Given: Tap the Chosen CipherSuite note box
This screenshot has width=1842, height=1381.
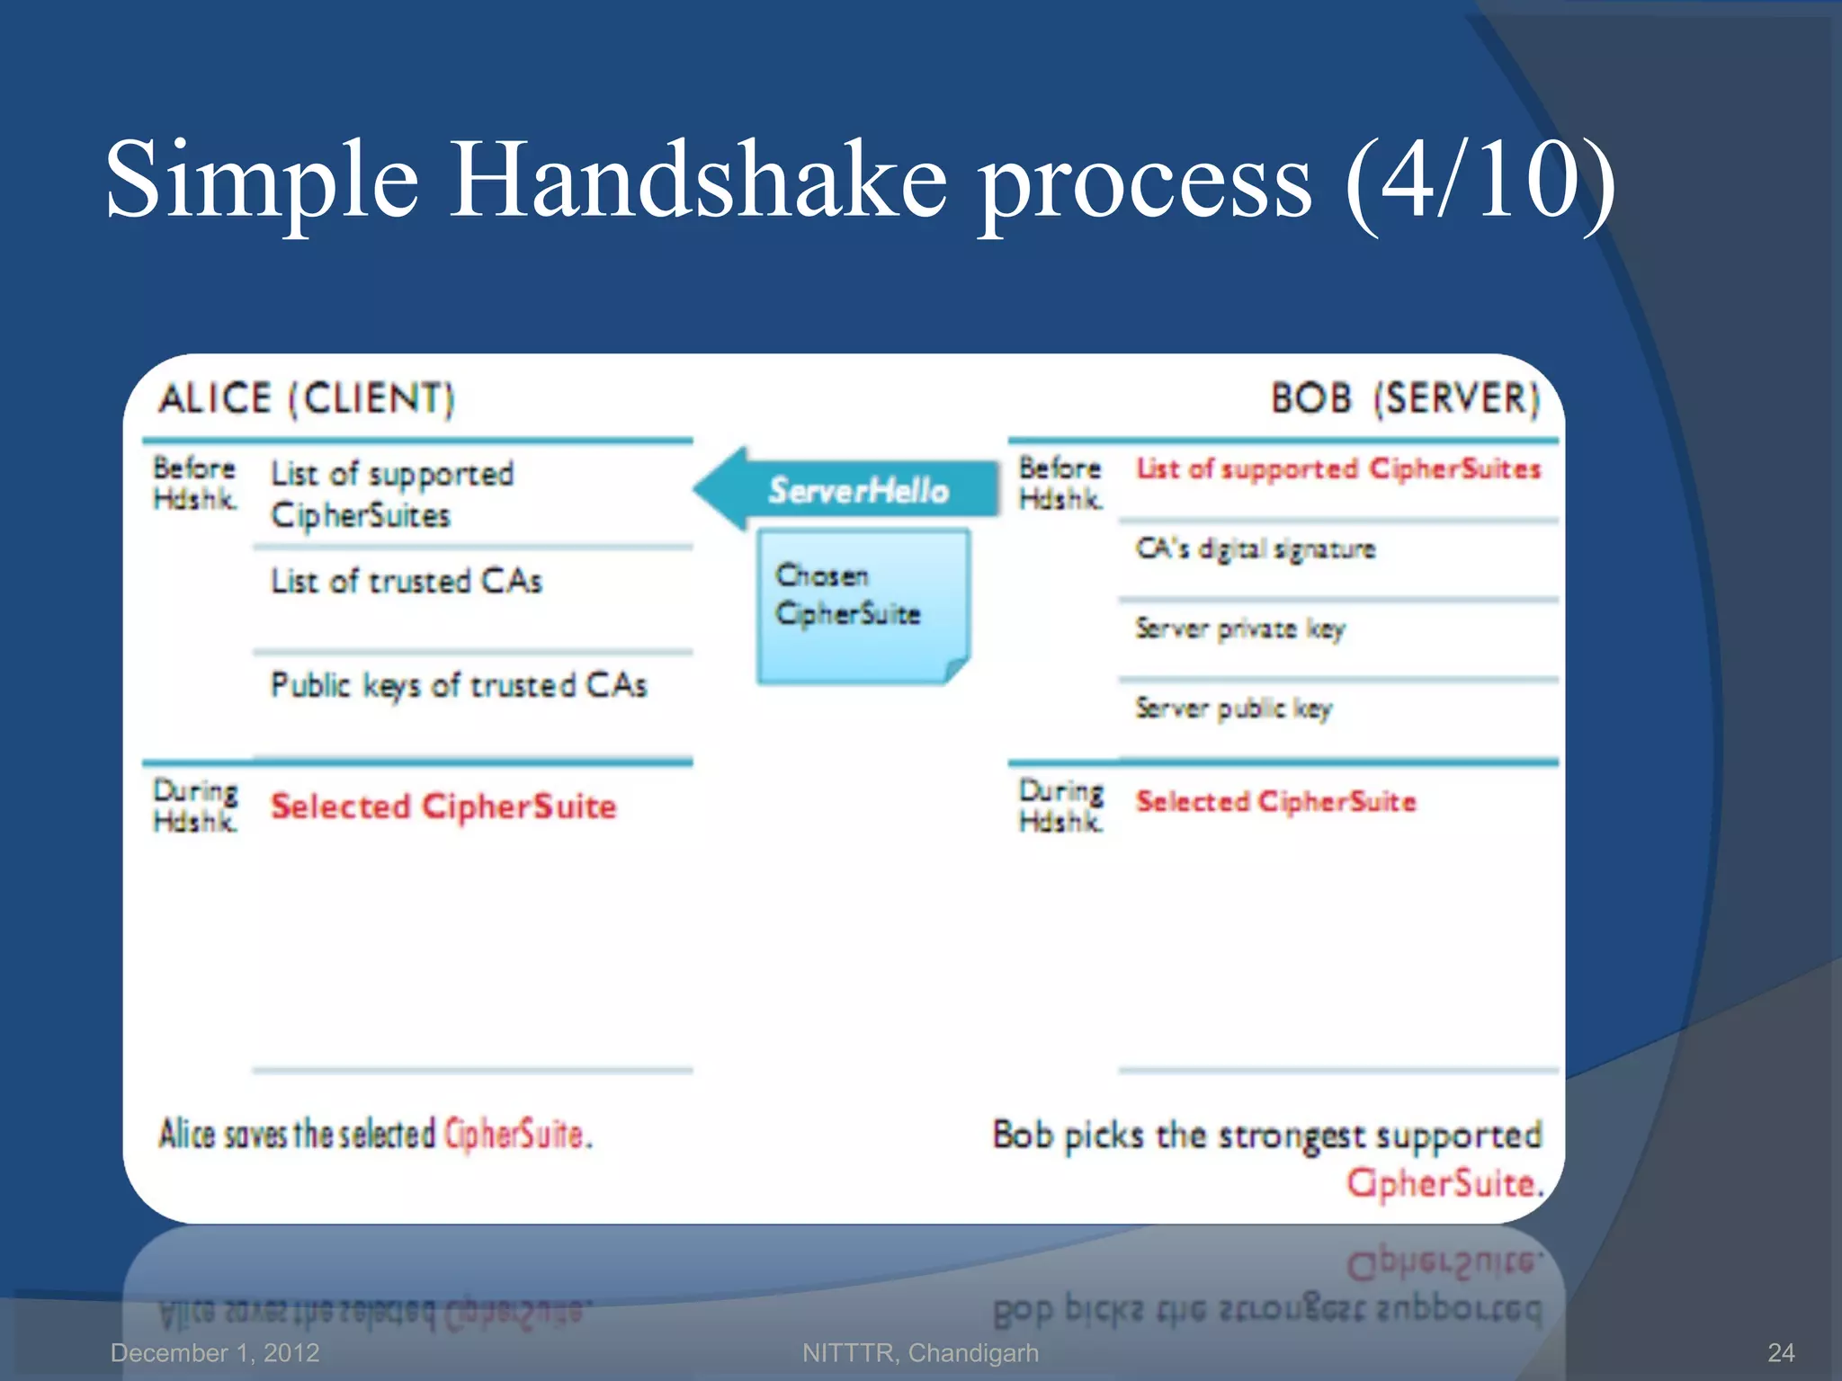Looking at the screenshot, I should [x=862, y=604].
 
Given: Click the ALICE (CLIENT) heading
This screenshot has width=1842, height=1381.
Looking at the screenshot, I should [x=307, y=399].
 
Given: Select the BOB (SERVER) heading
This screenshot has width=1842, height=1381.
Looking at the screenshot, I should [x=1405, y=398].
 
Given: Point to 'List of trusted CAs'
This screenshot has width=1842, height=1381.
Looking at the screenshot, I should [x=407, y=582].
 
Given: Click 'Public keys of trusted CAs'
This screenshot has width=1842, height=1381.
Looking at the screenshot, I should [x=459, y=686].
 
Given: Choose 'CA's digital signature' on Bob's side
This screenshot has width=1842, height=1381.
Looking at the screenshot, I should [x=1255, y=549].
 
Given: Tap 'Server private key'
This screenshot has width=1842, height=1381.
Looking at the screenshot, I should [x=1239, y=628].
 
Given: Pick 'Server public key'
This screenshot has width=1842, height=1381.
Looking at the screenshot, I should [x=1233, y=708].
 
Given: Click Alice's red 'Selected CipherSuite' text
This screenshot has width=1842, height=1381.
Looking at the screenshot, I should [x=443, y=806].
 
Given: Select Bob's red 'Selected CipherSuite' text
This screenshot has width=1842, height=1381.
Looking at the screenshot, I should [x=1275, y=801].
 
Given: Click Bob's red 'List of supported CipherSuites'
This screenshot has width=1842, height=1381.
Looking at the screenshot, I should [x=1337, y=469].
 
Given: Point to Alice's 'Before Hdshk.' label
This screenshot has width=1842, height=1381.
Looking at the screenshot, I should [x=195, y=483].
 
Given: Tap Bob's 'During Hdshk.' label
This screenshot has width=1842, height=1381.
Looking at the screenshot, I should [x=1060, y=806].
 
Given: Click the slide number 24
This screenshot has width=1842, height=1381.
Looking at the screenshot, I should [x=1780, y=1352].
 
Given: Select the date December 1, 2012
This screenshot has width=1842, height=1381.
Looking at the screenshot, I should [x=215, y=1352].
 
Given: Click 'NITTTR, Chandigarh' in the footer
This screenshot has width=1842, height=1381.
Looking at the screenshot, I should [x=920, y=1352].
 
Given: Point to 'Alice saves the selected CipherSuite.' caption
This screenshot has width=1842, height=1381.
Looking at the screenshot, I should [x=376, y=1135].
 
